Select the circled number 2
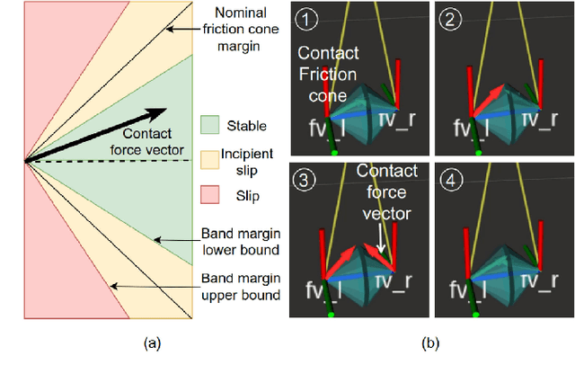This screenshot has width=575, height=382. (450, 18)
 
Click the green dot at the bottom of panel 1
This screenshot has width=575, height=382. (334, 154)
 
